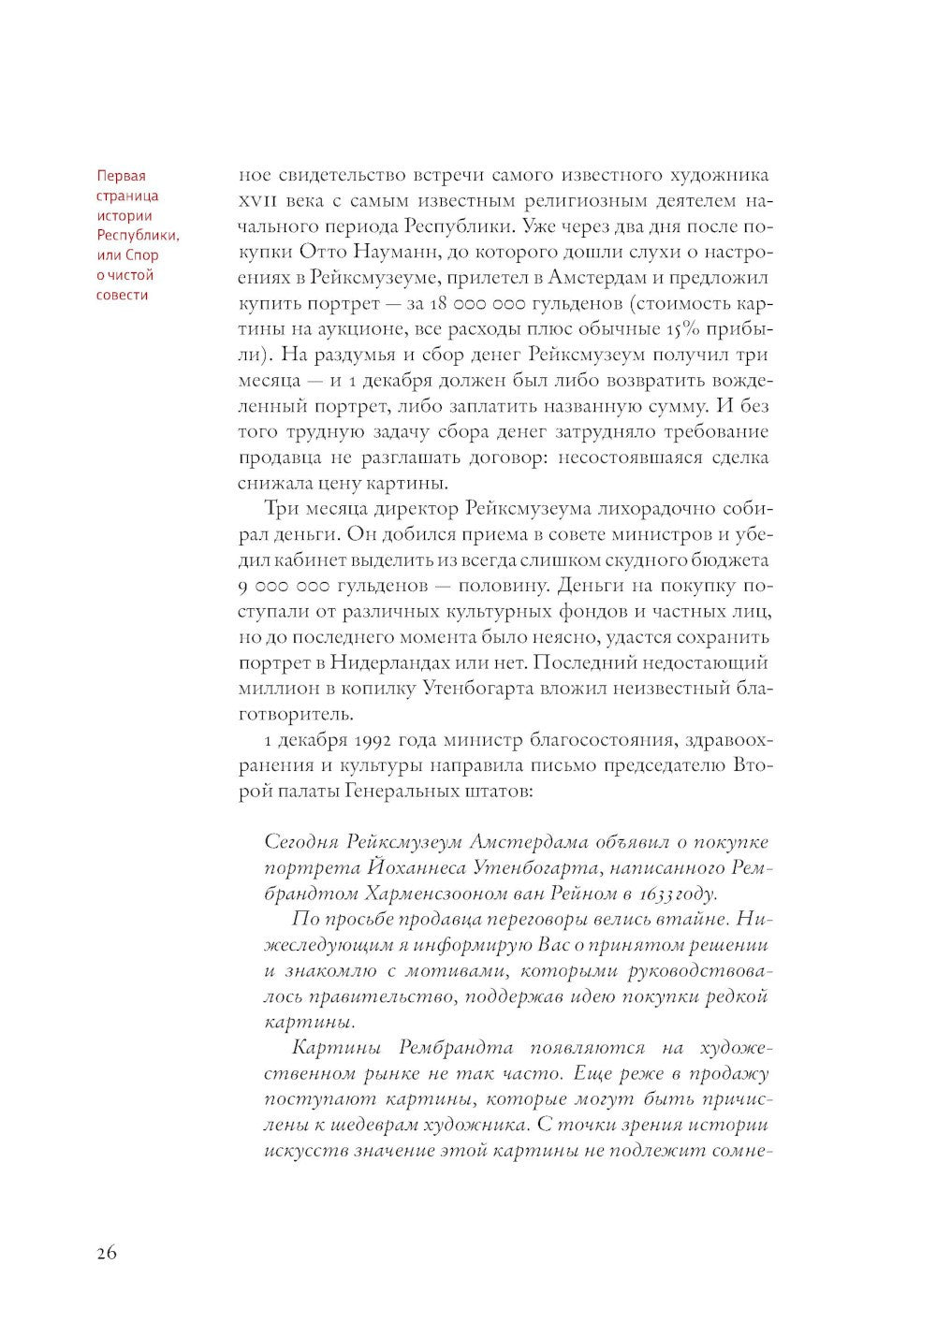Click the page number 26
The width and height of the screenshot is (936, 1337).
click(106, 1254)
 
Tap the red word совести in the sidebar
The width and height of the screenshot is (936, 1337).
click(123, 295)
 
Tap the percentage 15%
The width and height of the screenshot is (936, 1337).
click(682, 329)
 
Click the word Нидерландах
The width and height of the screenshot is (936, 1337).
click(404, 662)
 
